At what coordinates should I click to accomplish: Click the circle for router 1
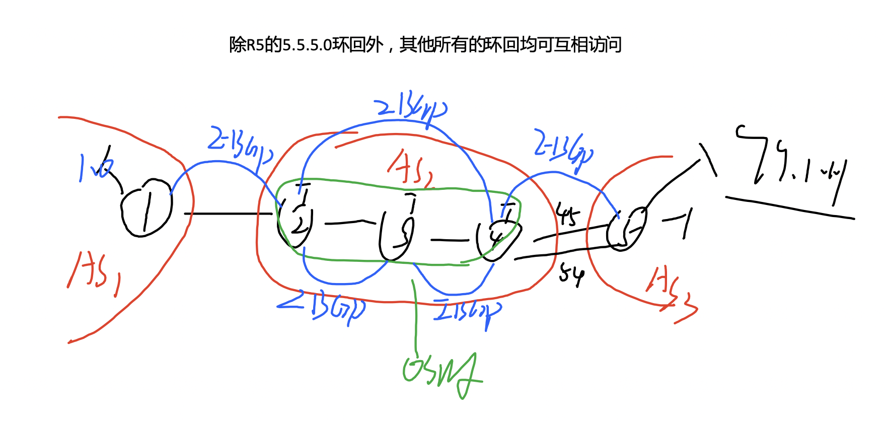point(146,208)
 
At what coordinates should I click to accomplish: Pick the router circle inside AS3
point(627,229)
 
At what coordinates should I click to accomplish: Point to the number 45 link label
point(567,216)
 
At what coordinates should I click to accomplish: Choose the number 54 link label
point(572,275)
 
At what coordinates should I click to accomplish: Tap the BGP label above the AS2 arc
point(410,108)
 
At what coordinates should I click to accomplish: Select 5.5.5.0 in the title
point(307,45)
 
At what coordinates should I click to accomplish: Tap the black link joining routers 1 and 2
point(229,214)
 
